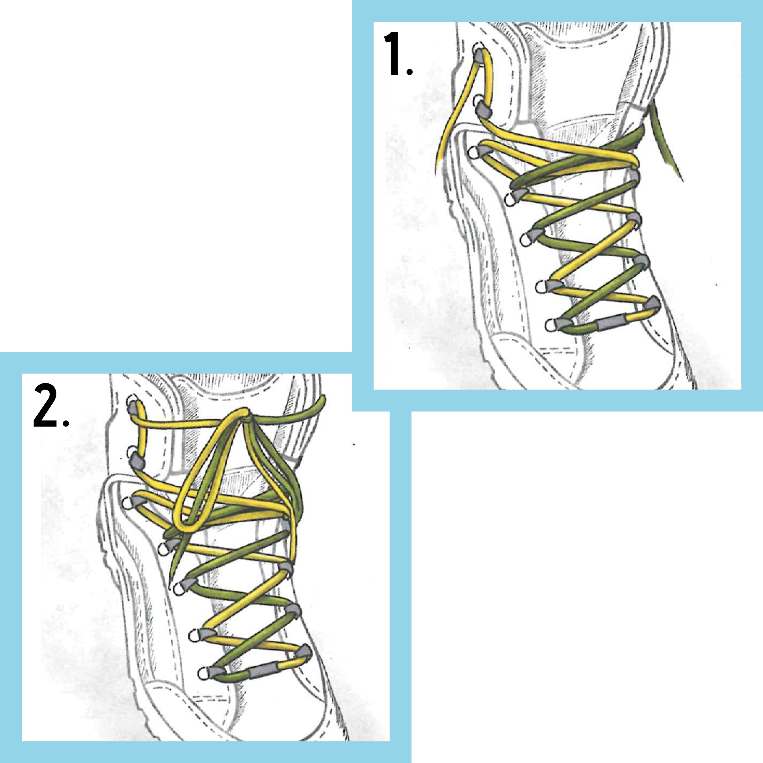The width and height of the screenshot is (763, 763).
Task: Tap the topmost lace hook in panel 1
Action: [x=479, y=55]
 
